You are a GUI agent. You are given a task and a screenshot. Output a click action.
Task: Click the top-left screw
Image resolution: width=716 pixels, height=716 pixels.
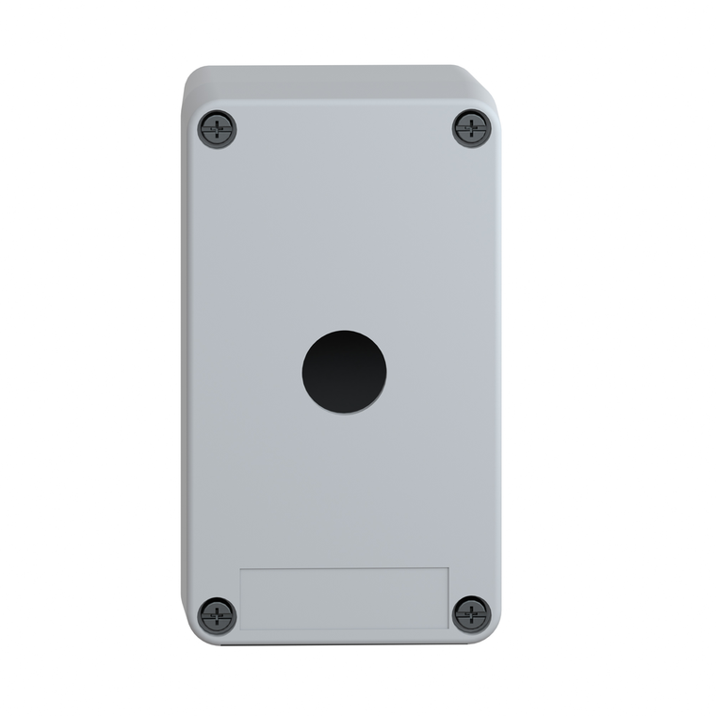[x=218, y=129]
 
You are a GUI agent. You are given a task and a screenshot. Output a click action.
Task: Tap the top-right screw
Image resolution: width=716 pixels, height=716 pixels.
[x=471, y=128]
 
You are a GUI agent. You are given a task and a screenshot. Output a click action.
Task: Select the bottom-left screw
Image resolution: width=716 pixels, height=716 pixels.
[x=218, y=616]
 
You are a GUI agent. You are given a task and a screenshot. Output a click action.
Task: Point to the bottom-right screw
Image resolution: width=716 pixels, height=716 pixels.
[x=471, y=614]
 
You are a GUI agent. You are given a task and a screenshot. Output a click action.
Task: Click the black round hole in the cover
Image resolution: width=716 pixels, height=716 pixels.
[x=344, y=372]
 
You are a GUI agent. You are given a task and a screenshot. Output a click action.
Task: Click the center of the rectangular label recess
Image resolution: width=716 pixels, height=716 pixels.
[x=344, y=597]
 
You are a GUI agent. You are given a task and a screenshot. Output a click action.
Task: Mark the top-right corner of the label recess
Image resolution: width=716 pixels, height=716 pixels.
[x=448, y=567]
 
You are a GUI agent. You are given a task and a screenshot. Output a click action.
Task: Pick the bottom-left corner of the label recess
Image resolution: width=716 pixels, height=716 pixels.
[x=240, y=628]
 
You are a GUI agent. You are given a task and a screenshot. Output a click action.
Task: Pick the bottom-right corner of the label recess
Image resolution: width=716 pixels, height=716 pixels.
[x=448, y=628]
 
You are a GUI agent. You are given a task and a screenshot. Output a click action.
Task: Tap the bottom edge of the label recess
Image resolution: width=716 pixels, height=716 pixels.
[x=344, y=628]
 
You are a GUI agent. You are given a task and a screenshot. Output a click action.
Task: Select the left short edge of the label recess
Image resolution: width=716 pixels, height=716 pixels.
[x=240, y=597]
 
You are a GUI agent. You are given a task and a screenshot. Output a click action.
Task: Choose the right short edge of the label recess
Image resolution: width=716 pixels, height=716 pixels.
[x=448, y=597]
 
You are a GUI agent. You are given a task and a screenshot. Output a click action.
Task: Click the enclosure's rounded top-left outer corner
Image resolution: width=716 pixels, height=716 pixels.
[x=191, y=75]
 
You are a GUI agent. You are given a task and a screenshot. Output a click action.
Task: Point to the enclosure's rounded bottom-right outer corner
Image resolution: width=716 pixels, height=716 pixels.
[x=494, y=636]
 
